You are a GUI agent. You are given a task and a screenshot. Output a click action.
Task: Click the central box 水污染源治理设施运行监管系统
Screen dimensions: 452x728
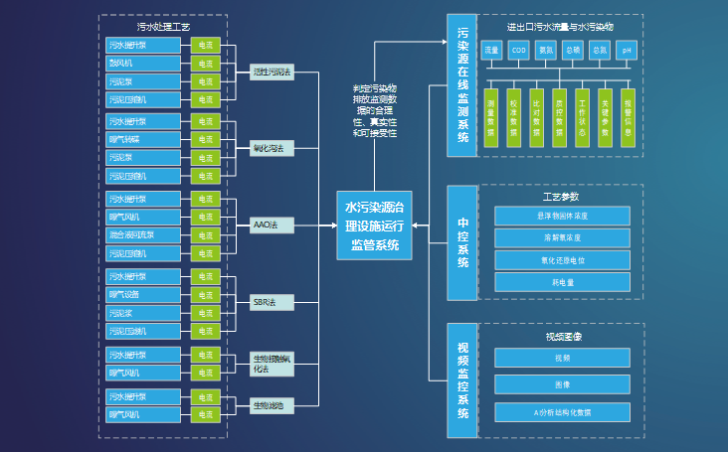tap(373, 226)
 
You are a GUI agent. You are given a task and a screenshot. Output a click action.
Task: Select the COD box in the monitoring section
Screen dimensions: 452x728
tap(518, 50)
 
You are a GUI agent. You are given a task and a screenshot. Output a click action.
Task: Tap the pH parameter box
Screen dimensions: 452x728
tap(627, 50)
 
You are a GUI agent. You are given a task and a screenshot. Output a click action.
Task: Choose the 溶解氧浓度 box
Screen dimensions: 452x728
tap(562, 238)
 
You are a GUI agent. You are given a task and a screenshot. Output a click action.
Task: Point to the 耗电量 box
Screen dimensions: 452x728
tap(562, 282)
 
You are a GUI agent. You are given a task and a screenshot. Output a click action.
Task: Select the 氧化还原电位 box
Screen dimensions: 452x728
tap(562, 260)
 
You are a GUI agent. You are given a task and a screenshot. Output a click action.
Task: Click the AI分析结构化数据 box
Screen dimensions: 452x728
tap(562, 411)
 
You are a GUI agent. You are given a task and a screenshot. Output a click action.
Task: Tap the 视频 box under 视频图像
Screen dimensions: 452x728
tap(562, 358)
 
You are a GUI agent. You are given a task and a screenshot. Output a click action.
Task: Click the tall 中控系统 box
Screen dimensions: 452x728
tap(462, 242)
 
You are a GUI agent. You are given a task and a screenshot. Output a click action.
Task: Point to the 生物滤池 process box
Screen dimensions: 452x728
tap(272, 405)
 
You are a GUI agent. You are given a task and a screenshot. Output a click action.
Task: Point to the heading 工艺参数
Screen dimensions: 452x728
tap(562, 197)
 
